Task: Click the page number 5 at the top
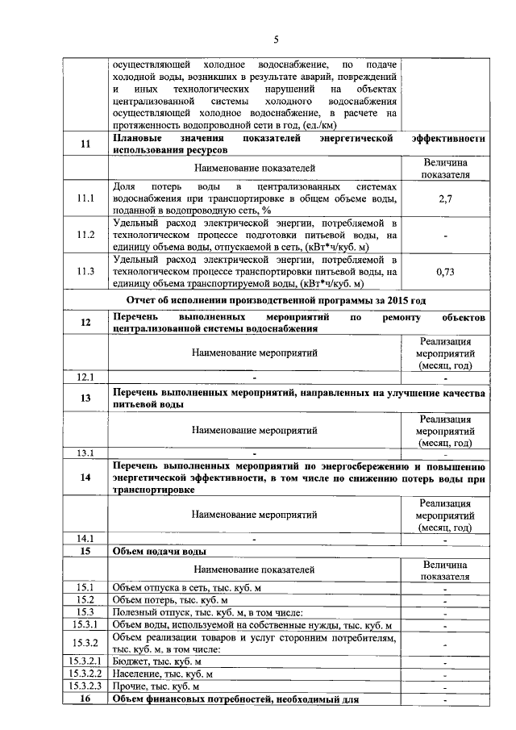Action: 275,40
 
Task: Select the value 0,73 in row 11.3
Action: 446,272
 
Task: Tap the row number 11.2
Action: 85,235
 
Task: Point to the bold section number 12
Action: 85,323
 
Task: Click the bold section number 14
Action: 85,478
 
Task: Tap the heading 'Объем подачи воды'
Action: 160,552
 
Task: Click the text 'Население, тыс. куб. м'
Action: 163,674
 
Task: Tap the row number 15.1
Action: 85,588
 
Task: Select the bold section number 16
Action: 85,699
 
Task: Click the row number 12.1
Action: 85,377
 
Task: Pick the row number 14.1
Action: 85,538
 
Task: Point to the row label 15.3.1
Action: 85,624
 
